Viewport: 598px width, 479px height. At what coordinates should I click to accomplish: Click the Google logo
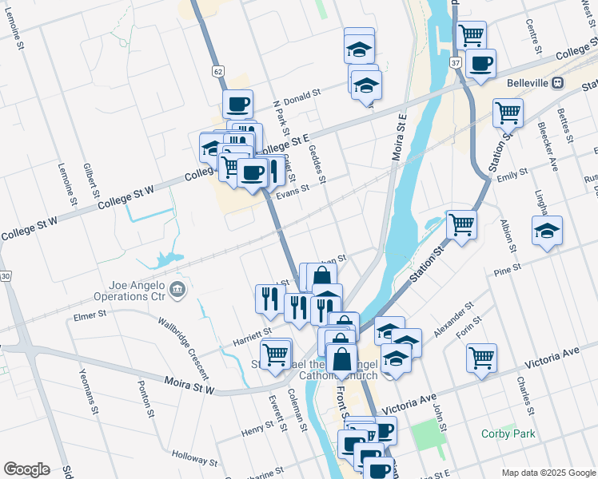[26, 469]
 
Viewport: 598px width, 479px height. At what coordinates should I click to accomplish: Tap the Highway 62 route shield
[218, 72]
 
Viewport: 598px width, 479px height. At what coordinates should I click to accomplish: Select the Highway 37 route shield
[455, 61]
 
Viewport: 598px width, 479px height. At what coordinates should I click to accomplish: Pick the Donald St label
[300, 93]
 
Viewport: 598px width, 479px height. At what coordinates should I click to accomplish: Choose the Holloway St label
[195, 461]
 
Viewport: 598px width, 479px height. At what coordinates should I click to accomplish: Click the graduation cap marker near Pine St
[547, 232]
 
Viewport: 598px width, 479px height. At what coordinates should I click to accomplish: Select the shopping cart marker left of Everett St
[276, 354]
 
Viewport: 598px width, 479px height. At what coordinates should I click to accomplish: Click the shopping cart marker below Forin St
[481, 358]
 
